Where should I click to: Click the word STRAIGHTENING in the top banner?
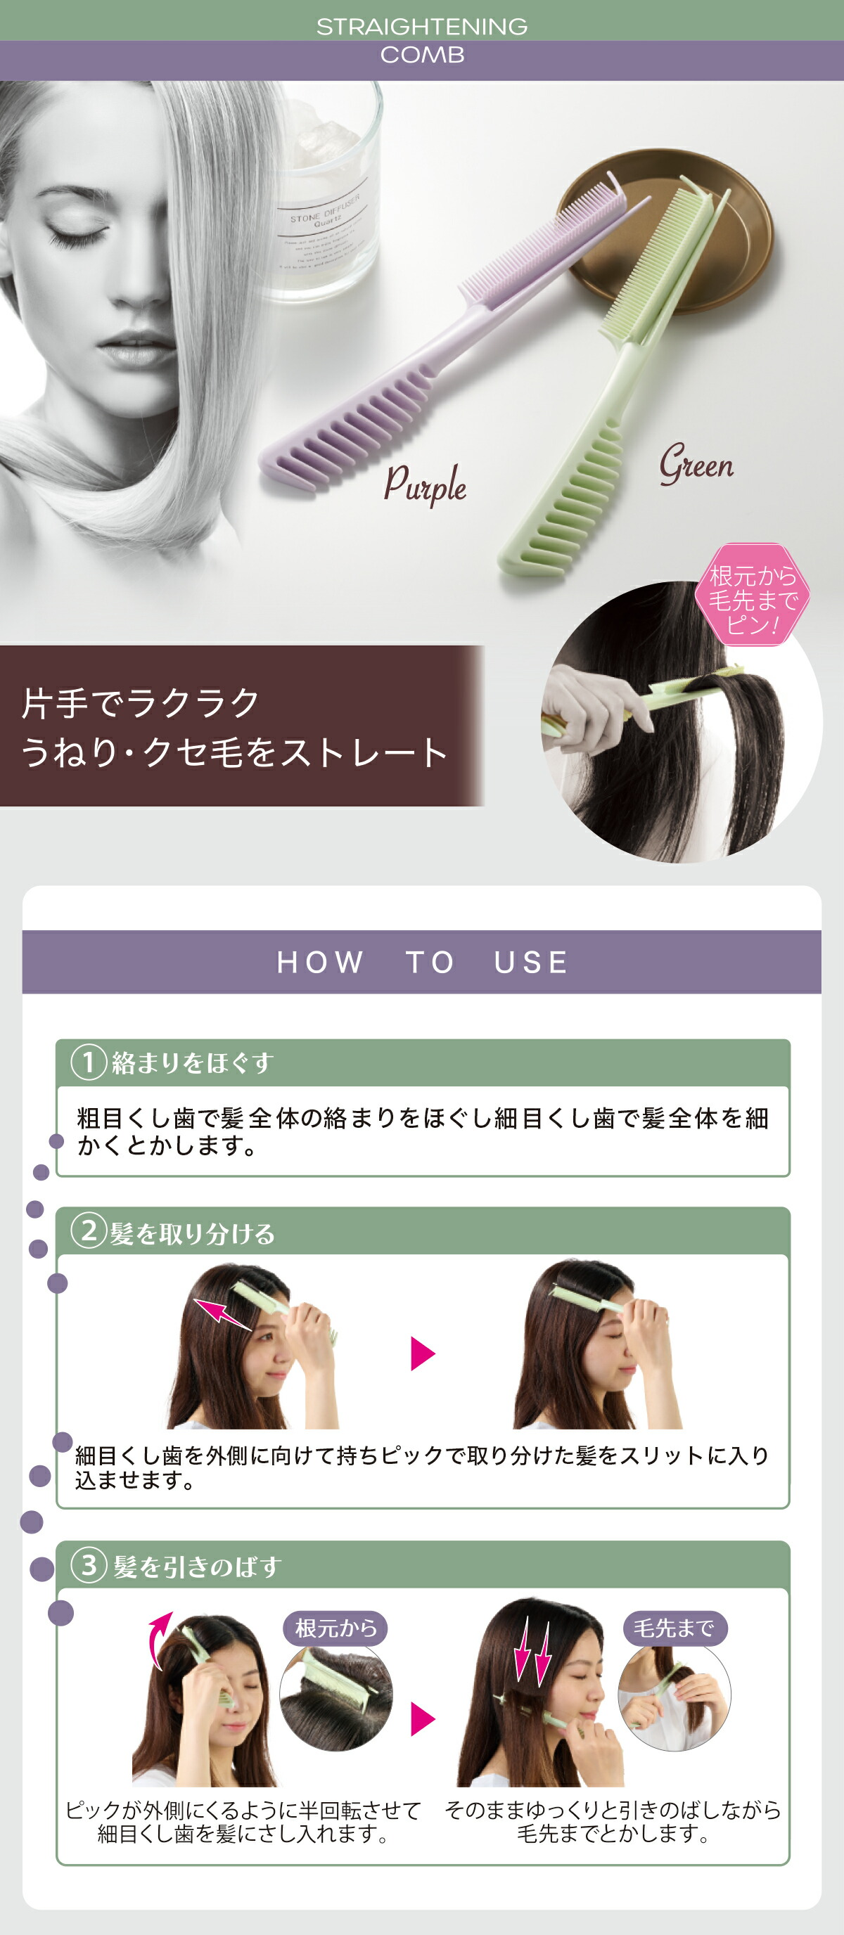coord(421,26)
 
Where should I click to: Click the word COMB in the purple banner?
coord(421,55)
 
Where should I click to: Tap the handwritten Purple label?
coord(426,484)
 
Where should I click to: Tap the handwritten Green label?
coord(696,464)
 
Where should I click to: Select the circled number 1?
coord(88,1062)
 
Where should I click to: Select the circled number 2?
coord(88,1231)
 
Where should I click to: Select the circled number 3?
coord(89,1565)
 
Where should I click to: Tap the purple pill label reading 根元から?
coord(335,1628)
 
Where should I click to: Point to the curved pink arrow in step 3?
coord(158,1638)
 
